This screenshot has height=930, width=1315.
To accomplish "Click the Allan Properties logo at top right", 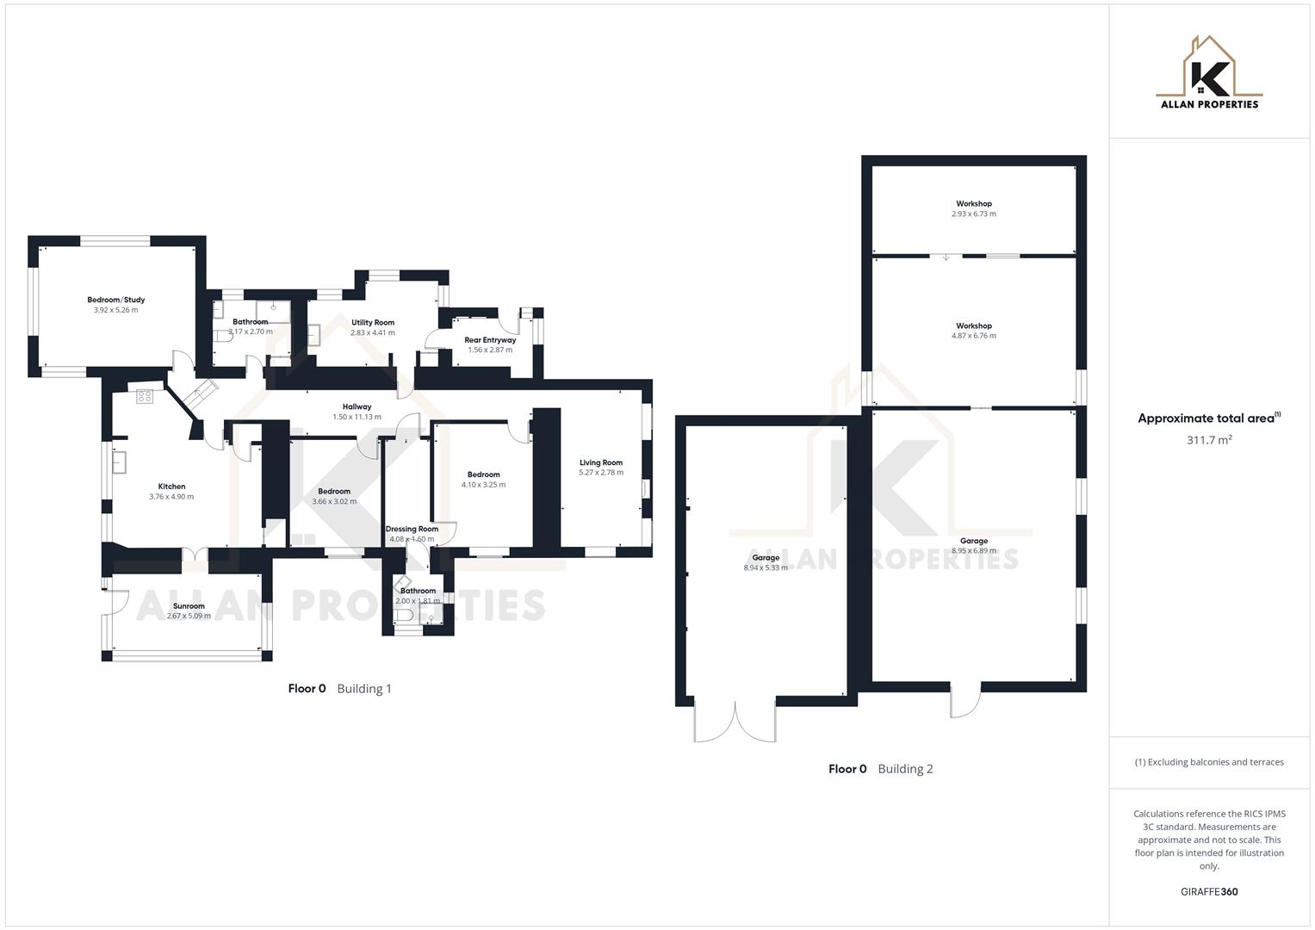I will coord(1208,72).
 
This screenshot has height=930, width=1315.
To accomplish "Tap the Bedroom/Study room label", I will coord(115,301).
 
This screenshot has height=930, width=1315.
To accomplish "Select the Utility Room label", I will coord(372,323).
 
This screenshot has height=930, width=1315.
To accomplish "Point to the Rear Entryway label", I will coord(490,340).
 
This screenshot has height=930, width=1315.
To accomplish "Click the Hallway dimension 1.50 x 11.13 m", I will coord(357,417).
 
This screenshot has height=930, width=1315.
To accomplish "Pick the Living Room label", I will coord(600,462).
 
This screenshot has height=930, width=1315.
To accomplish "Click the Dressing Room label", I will coord(412,529).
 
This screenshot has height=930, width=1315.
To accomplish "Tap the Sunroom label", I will coord(188,606).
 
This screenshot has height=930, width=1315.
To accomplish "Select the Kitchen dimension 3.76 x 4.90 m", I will coord(171,497).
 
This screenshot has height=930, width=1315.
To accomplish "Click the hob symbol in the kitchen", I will coord(145,397).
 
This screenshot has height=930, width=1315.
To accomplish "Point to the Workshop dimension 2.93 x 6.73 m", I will coord(973,214).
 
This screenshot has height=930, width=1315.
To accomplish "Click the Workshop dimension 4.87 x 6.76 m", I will coord(973,336).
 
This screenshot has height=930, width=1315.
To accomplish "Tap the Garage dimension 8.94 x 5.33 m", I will coord(765,568).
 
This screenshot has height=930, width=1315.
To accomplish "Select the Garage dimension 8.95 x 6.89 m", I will coord(973,551).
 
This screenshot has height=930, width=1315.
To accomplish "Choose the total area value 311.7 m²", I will coord(1208,440).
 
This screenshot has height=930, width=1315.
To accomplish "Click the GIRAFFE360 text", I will coord(1208,891).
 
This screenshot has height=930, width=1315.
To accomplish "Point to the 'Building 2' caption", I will coord(905,769).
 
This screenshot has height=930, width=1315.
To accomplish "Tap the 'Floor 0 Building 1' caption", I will coord(339,689).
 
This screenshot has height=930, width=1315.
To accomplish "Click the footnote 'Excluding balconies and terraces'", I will coord(1208,762).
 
